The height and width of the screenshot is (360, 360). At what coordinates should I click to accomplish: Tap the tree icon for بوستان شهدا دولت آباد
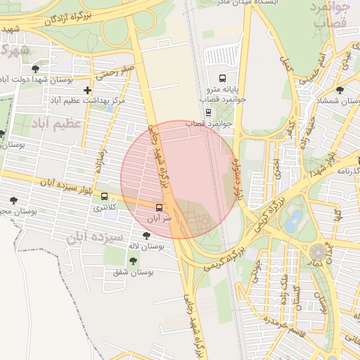(x=35, y=68)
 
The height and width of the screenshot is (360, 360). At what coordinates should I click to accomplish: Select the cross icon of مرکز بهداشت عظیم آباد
(x=87, y=90)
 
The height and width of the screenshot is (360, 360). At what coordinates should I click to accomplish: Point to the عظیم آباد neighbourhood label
(x=56, y=123)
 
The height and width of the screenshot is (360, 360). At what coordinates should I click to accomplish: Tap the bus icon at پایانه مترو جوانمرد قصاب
(x=223, y=78)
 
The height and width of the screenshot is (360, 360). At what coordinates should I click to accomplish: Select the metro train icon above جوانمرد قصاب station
(x=207, y=112)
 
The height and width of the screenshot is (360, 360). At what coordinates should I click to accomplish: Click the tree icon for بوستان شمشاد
(x=340, y=90)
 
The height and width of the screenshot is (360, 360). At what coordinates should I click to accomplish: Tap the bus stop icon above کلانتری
(x=105, y=196)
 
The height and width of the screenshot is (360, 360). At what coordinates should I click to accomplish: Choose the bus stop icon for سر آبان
(x=159, y=207)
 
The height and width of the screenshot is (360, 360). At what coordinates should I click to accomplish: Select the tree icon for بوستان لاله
(x=146, y=236)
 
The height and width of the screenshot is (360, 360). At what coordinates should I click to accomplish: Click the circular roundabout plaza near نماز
(x=319, y=251)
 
